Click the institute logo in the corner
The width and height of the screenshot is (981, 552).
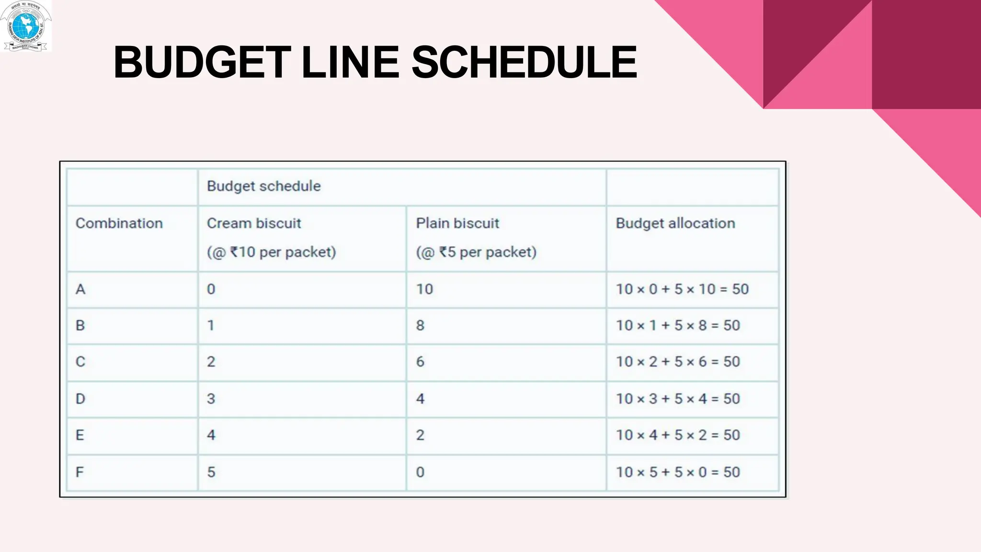[26, 26]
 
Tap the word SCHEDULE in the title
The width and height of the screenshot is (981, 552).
[524, 62]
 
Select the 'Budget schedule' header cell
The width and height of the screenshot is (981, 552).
[264, 186]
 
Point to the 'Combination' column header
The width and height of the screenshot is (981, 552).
[119, 223]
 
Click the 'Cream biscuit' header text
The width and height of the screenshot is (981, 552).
[254, 223]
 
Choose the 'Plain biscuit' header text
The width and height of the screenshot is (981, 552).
[457, 223]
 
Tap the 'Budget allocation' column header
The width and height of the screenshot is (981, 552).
[675, 223]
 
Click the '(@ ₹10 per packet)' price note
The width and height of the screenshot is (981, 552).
[272, 252]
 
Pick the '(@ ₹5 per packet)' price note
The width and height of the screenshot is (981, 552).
[476, 252]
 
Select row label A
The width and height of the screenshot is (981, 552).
[80, 289]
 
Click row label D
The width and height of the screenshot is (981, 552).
[80, 399]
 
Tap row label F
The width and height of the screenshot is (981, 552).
[80, 472]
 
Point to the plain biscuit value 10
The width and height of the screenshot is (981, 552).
[424, 289]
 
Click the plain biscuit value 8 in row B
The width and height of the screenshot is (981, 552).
[420, 325]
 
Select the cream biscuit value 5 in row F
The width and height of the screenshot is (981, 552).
[211, 472]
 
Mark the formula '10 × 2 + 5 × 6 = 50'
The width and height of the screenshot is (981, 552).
[678, 362]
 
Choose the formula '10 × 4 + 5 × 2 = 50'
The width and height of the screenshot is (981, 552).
[678, 435]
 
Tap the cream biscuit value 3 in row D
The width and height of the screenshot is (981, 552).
[211, 399]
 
